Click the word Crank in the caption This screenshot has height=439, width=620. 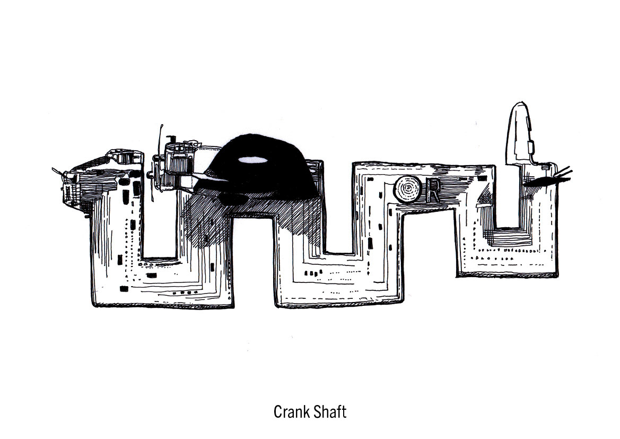click(290, 412)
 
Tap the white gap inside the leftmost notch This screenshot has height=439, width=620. click(162, 228)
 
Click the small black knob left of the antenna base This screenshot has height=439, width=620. click(155, 158)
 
